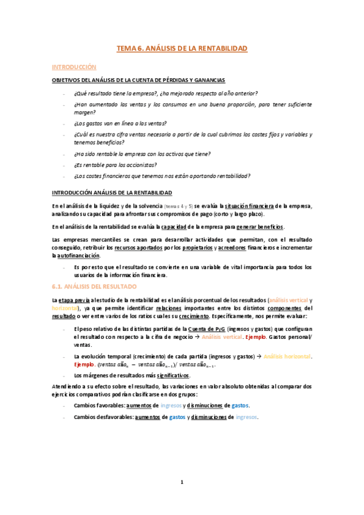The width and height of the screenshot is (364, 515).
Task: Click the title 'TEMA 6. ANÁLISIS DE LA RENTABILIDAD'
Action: tap(182, 47)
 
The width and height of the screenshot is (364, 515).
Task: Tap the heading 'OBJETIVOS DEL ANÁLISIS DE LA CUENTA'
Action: tap(139, 80)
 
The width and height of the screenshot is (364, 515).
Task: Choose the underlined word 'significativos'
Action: tap(171, 376)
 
